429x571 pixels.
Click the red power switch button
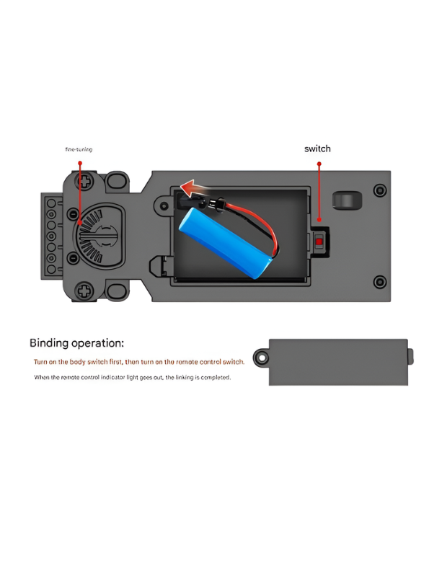(319, 242)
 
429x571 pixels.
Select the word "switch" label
(317, 149)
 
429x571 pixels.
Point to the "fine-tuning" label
(79, 149)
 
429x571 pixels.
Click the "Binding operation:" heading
(76, 343)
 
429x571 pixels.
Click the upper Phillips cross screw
(84, 181)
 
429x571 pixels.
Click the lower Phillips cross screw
(84, 291)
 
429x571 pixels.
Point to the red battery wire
(257, 225)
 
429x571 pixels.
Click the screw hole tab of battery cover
(262, 358)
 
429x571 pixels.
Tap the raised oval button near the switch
(347, 201)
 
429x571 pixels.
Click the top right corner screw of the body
(380, 190)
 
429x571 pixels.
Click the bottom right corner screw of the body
(380, 281)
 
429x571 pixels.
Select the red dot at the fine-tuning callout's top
(80, 163)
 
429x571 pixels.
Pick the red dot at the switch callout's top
(319, 164)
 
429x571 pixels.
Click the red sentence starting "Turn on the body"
(138, 362)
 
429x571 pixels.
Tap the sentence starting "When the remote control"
(132, 377)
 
